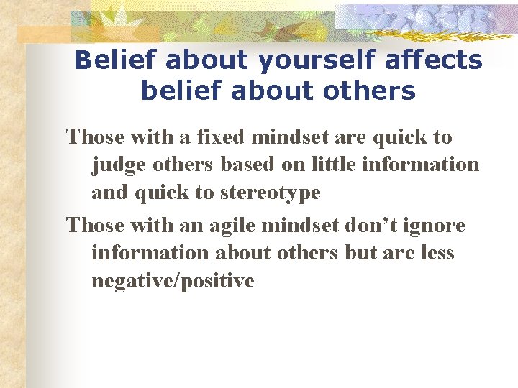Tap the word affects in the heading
[x=434, y=60]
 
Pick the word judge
[x=115, y=165]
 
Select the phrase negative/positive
[x=173, y=281]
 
